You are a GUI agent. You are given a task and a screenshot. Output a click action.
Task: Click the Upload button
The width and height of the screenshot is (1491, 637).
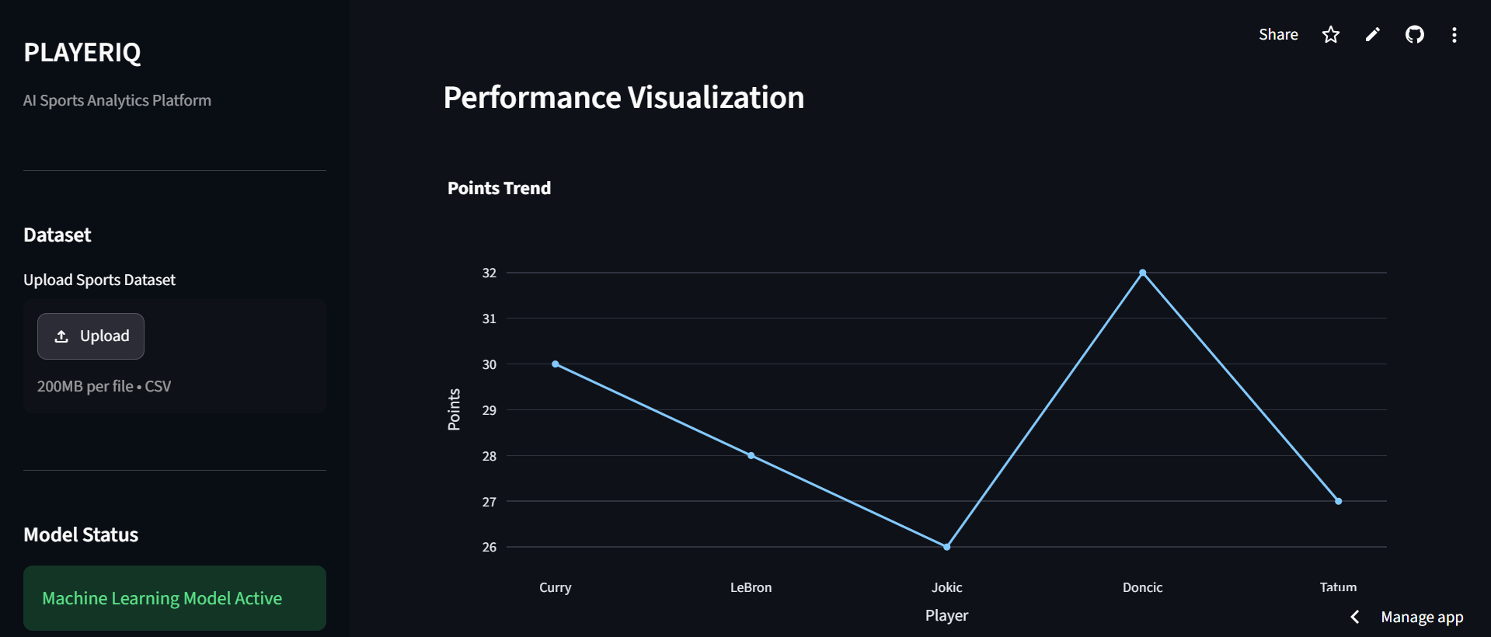[91, 336]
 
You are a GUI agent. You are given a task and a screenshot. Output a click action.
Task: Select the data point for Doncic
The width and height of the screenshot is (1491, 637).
[1142, 273]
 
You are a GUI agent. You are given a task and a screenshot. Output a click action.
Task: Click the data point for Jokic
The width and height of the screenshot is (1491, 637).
[946, 547]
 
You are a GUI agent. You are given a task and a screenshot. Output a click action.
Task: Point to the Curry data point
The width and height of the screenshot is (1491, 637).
[556, 364]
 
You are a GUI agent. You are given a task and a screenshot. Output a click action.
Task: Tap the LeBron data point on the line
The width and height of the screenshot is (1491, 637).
[751, 455]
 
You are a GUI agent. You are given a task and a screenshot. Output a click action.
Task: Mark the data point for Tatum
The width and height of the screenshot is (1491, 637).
[1338, 501]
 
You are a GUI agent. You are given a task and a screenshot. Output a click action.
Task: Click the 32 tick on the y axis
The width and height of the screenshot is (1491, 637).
[489, 273]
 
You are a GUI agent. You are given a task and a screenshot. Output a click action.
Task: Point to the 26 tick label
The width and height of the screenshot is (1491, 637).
[489, 547]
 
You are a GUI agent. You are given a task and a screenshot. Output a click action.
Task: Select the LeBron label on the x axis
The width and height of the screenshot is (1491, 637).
[751, 587]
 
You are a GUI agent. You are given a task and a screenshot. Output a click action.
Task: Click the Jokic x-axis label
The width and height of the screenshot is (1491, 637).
[947, 587]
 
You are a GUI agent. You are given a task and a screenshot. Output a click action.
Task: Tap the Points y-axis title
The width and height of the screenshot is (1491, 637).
[454, 409]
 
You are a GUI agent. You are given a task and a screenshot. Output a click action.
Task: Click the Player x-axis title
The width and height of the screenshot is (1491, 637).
[946, 615]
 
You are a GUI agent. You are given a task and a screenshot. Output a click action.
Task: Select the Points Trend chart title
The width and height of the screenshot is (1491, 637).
[499, 188]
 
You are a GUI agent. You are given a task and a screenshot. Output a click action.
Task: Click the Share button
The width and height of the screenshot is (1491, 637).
[1278, 34]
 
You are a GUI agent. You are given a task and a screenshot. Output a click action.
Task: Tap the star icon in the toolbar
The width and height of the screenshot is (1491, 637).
[1331, 34]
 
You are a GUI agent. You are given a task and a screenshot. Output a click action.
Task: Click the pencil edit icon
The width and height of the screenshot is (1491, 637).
[1373, 34]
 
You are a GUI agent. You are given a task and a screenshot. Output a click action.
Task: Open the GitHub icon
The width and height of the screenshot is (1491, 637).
[1414, 34]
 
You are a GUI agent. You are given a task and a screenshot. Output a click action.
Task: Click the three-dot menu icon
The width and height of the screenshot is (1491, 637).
[1454, 34]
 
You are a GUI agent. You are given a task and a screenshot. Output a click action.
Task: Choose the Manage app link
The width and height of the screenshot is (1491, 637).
[1422, 617]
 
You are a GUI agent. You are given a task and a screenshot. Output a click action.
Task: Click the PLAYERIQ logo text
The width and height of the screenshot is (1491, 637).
[82, 52]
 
